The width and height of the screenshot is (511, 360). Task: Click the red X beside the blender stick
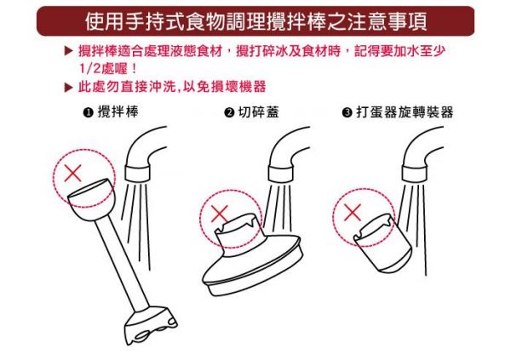[x=73, y=173]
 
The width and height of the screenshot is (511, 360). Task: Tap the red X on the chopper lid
[x=220, y=214]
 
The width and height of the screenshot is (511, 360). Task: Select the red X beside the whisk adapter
[x=353, y=213]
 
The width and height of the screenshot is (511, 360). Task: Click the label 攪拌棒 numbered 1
[x=118, y=111]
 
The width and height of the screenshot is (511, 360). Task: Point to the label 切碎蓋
[x=259, y=111]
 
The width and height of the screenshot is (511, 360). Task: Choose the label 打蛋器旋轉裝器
[x=405, y=112]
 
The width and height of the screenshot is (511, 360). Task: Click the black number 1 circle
[x=88, y=112]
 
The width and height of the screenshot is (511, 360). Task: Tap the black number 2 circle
[x=229, y=112]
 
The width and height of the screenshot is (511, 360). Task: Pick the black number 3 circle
[x=347, y=112]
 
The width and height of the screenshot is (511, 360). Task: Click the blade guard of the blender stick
[x=151, y=325]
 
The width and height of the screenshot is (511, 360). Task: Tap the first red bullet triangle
[x=68, y=51]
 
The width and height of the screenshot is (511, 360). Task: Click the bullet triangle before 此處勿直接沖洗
[x=68, y=88]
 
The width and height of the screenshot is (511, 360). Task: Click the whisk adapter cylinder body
[x=384, y=243]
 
